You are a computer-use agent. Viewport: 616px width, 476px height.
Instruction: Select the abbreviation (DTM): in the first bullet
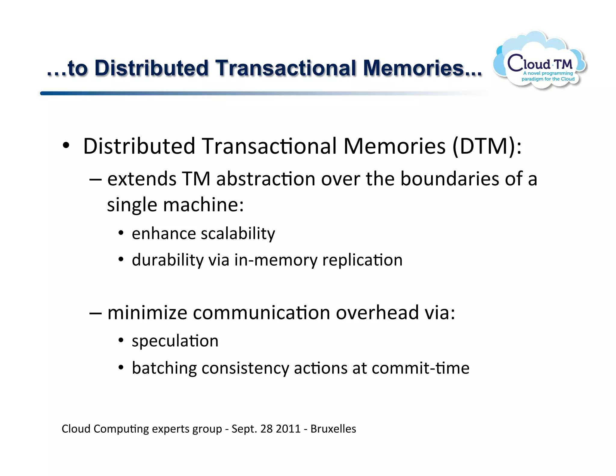click(x=487, y=146)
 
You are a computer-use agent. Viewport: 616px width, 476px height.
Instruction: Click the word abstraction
click(x=265, y=179)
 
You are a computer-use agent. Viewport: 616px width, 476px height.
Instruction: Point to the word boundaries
click(x=449, y=179)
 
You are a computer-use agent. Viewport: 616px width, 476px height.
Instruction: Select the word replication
click(x=362, y=260)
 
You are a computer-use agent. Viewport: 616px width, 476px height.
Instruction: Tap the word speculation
click(x=175, y=341)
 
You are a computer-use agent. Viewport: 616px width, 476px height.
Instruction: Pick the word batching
click(x=164, y=368)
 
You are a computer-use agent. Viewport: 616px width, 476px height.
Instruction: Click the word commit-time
click(x=420, y=368)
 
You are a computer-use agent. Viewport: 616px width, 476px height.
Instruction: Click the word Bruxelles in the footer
click(x=333, y=429)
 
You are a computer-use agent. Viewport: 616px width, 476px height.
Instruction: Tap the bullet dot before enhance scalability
click(x=121, y=233)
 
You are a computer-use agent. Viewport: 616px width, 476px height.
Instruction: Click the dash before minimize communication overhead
click(x=95, y=313)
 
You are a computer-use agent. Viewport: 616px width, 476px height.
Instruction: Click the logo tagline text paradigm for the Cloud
click(x=548, y=79)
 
